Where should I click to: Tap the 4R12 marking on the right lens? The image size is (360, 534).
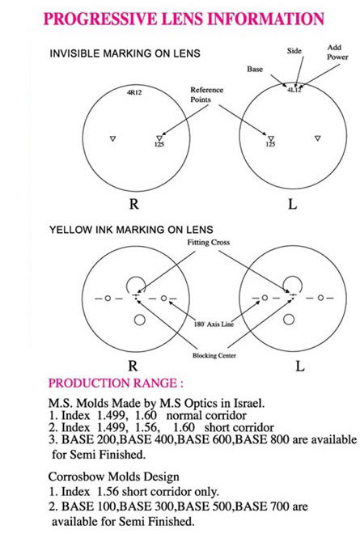[134, 92]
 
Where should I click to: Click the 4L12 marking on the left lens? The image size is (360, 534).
[294, 91]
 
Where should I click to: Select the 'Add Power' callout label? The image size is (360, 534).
[337, 52]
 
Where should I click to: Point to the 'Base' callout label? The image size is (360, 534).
[255, 69]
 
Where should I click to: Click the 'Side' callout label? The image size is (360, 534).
[294, 51]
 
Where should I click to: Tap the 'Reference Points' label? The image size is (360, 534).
[206, 95]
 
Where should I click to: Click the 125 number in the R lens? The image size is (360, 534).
[159, 144]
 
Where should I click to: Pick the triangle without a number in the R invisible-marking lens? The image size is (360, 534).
[113, 138]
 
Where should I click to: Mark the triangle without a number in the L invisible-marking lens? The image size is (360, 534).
[318, 138]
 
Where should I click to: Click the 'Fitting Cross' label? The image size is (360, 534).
[209, 242]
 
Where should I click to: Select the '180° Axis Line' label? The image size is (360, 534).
[214, 324]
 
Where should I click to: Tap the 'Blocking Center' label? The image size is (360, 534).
[214, 355]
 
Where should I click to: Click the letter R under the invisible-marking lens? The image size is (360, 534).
[133, 204]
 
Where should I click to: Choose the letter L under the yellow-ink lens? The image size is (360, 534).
[299, 366]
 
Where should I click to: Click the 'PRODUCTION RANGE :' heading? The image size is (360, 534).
[116, 383]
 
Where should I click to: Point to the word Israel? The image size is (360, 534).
[248, 403]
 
